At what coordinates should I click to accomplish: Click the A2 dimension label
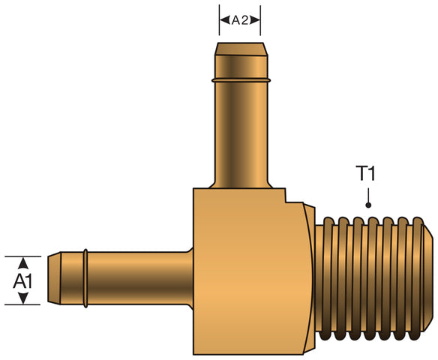tap(240, 21)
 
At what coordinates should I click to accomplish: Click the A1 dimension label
tap(23, 281)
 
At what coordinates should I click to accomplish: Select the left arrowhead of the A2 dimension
tap(224, 21)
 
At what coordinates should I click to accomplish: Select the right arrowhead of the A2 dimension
tap(256, 21)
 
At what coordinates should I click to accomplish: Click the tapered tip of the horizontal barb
tap(54, 278)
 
